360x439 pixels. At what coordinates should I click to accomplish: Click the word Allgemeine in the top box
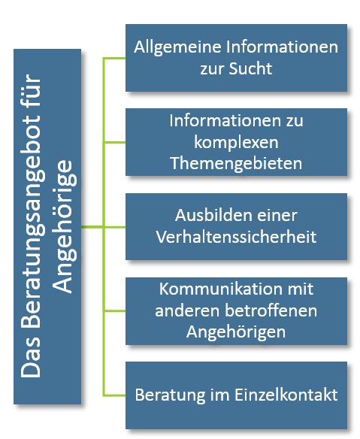click(x=177, y=47)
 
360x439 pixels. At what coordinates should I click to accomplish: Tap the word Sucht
click(x=250, y=68)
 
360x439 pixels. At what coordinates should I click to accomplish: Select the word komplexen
click(x=236, y=143)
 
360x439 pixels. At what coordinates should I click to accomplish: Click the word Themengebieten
click(x=236, y=163)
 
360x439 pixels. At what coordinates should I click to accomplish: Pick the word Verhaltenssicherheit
click(x=236, y=237)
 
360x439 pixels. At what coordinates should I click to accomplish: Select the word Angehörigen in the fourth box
click(x=236, y=332)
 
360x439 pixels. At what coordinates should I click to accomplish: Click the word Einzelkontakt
click(x=286, y=395)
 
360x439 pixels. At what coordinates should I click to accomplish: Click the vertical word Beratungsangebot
click(x=33, y=201)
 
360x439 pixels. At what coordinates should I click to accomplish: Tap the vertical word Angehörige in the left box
click(x=65, y=226)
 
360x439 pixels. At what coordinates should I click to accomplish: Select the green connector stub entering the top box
click(x=114, y=58)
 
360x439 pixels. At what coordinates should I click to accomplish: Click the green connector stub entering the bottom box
click(x=114, y=395)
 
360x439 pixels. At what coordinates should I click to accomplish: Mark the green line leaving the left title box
click(x=92, y=227)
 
